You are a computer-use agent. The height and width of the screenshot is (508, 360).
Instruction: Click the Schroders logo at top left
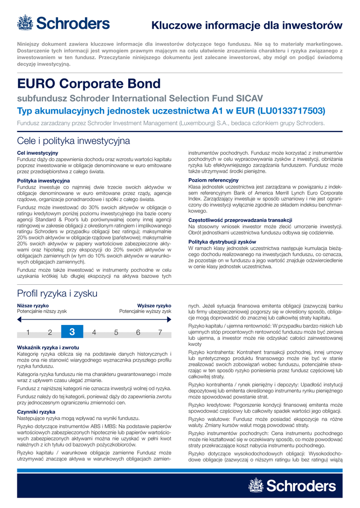(x=63, y=23)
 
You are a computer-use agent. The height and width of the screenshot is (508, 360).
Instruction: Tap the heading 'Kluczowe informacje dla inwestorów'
(x=247, y=25)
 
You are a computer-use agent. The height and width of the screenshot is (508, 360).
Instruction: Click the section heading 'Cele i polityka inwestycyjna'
(x=73, y=141)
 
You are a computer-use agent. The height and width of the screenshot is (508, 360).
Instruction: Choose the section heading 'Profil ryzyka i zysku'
(x=57, y=293)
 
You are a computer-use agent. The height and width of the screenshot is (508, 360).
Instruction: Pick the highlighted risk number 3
(x=72, y=332)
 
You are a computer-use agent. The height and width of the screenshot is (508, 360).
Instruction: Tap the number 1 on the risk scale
(x=28, y=332)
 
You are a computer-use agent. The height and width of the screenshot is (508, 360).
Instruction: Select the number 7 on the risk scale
(x=160, y=332)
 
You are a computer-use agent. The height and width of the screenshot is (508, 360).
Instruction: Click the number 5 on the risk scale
(x=116, y=332)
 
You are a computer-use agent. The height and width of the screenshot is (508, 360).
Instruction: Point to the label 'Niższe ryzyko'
(x=33, y=305)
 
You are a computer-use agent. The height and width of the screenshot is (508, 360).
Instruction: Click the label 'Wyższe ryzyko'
(x=154, y=305)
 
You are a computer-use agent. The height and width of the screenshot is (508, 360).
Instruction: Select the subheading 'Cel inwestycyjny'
(x=38, y=153)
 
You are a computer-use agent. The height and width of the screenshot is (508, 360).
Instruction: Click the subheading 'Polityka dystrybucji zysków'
(x=218, y=242)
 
